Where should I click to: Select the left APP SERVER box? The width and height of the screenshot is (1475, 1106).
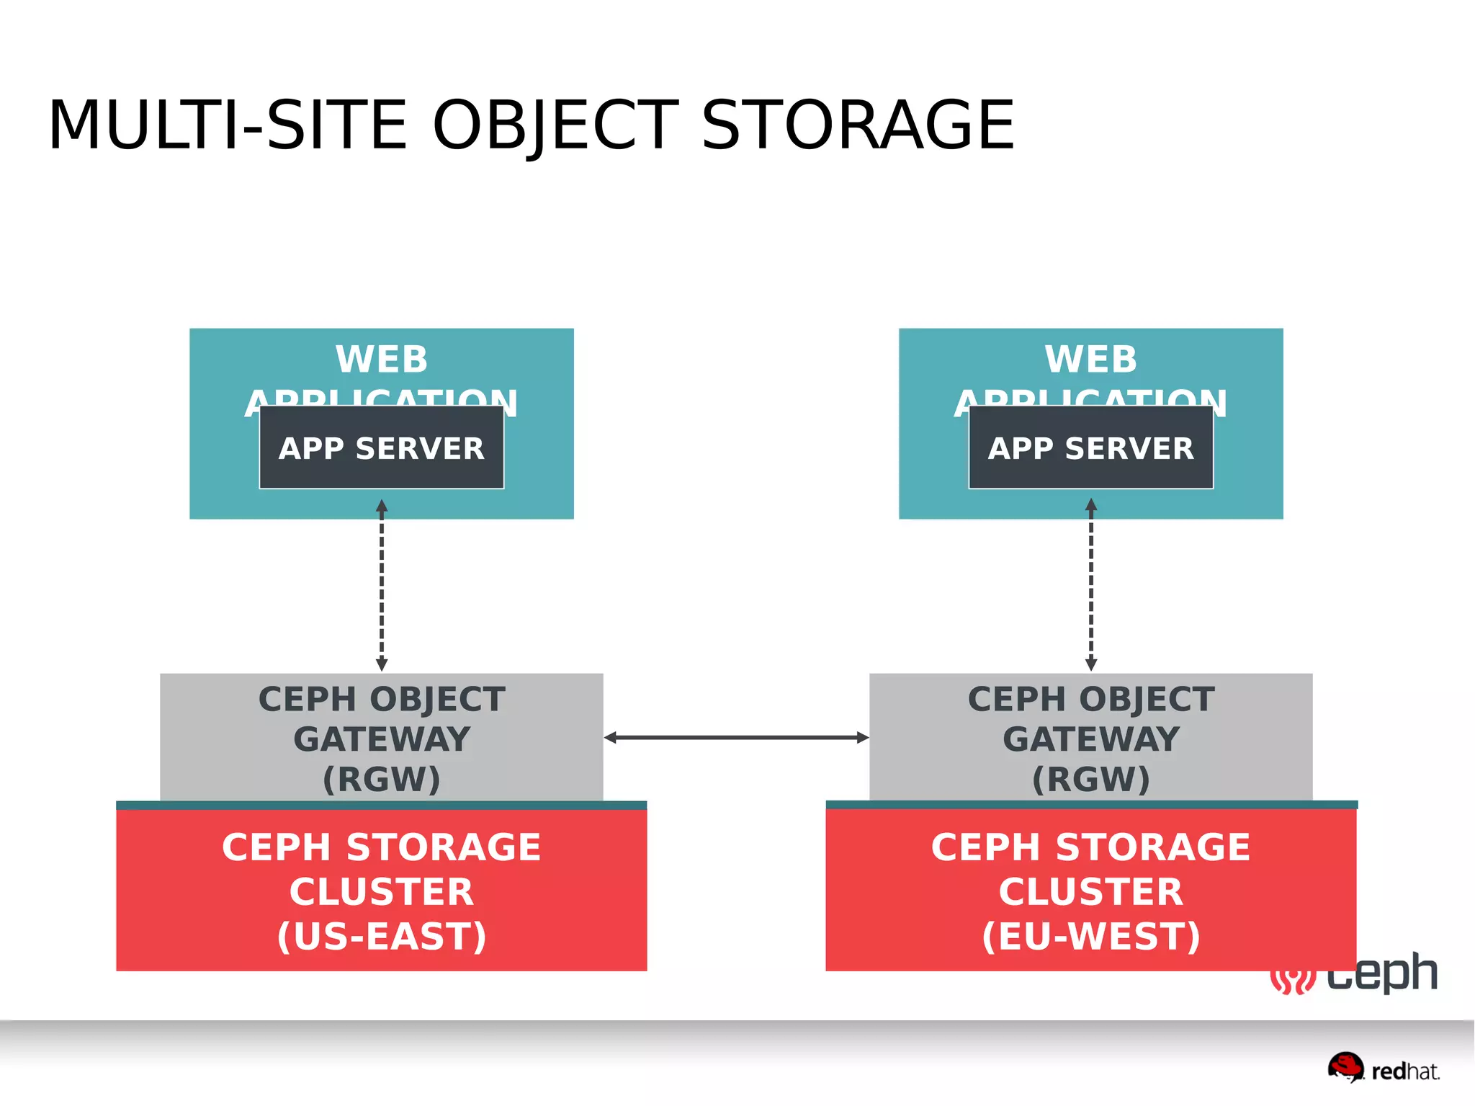(382, 447)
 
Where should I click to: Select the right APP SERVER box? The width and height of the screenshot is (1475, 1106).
(1090, 447)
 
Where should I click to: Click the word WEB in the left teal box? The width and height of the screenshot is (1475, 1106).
(382, 359)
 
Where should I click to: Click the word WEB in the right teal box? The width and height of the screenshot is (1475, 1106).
(1090, 359)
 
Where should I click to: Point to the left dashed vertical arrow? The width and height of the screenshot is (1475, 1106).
(382, 585)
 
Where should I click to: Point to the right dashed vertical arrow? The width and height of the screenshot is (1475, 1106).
(1090, 585)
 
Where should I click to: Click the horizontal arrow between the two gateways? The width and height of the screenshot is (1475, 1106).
(736, 737)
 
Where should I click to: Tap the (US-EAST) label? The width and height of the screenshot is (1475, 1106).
(382, 936)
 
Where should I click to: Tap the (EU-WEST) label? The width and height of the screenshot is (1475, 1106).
(1090, 936)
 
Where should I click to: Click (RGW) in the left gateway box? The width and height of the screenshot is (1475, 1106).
(382, 779)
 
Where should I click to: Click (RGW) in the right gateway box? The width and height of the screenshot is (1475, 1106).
(1090, 779)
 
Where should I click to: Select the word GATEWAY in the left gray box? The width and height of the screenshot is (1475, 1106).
(382, 739)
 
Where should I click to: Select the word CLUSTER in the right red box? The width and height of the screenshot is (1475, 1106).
(1090, 891)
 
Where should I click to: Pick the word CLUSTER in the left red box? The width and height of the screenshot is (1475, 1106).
(382, 891)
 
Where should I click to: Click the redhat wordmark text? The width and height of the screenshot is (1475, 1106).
(1405, 1071)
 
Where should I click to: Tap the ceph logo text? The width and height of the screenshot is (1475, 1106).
(1383, 975)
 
